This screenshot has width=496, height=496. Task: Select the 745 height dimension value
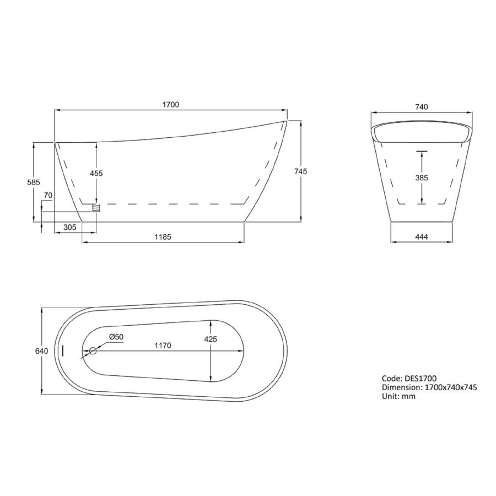click(300, 172)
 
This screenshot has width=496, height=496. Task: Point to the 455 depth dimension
click(96, 173)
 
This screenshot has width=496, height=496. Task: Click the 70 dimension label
click(48, 195)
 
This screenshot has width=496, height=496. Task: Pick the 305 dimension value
click(69, 227)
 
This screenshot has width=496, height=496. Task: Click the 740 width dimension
click(422, 107)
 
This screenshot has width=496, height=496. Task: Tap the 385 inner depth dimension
click(422, 177)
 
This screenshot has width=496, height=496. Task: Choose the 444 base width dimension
click(422, 237)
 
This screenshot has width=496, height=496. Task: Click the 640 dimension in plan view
click(42, 351)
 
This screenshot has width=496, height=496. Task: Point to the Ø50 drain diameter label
click(115, 337)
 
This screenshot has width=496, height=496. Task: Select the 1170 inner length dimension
click(163, 346)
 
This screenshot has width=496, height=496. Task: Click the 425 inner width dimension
click(211, 339)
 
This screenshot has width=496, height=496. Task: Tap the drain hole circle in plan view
click(93, 351)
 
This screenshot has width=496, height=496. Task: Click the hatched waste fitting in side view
click(96, 208)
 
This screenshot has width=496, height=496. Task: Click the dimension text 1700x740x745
click(449, 387)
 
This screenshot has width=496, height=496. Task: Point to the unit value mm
click(409, 396)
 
